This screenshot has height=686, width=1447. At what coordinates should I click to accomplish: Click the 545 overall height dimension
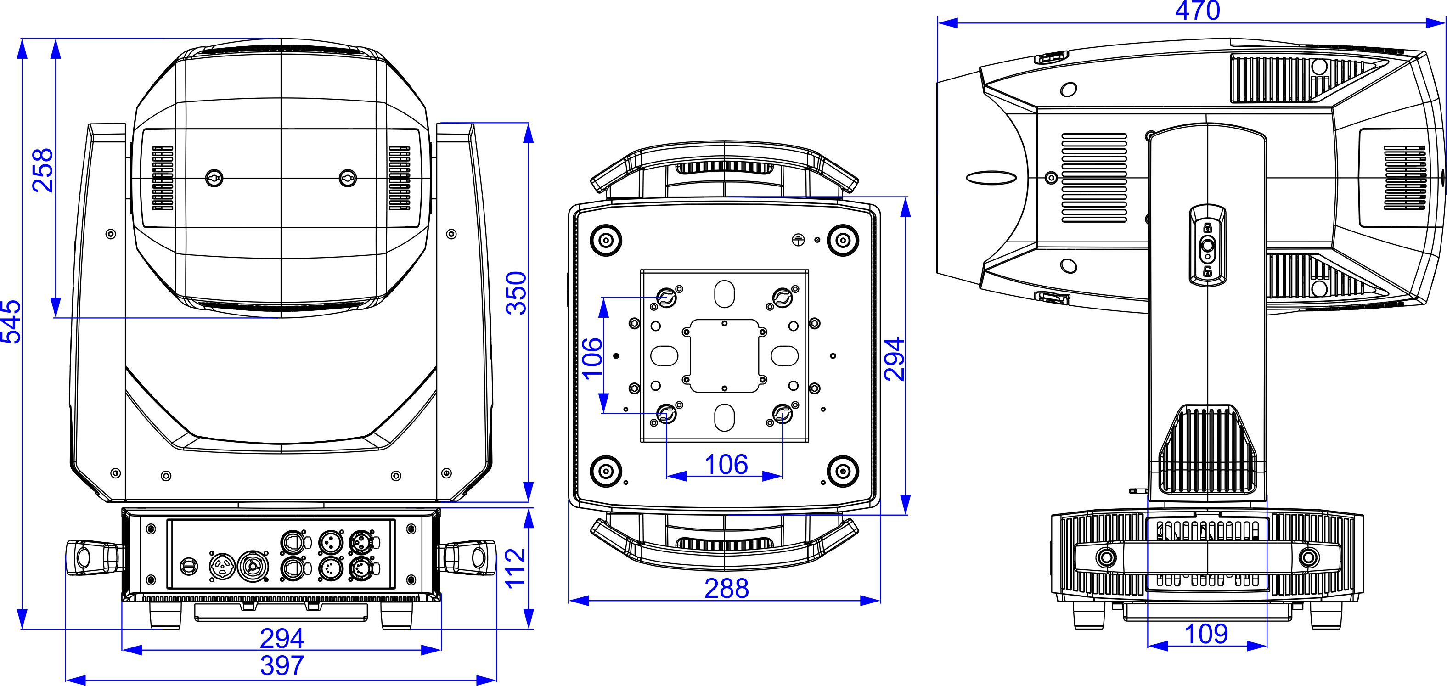pos(11,321)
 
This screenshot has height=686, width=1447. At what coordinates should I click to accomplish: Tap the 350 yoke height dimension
pos(516,292)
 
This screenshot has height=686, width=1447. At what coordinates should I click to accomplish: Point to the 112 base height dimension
pos(516,568)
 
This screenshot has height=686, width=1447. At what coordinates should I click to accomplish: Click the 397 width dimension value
pos(282,665)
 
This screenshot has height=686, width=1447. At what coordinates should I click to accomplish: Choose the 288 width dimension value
pos(727,588)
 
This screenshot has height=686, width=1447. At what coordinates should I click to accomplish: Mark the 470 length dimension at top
pos(1198,11)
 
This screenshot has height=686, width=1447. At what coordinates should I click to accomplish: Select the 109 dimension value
pos(1206,634)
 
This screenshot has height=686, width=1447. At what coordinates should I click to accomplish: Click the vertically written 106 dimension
pos(592,359)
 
